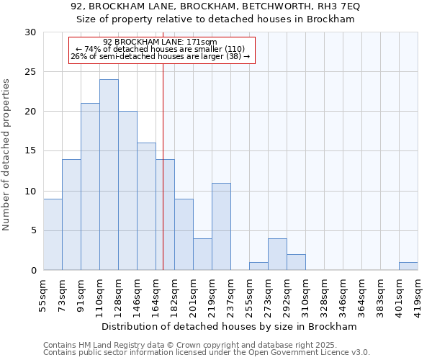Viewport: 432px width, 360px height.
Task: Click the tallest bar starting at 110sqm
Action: point(109,175)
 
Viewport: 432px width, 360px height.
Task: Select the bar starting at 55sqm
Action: point(53,235)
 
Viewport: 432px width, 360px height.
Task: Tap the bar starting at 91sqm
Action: point(90,186)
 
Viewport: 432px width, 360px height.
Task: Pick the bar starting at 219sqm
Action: point(221,227)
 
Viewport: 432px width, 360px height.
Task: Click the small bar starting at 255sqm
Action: point(258,266)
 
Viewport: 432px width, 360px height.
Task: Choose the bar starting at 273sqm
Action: point(277,254)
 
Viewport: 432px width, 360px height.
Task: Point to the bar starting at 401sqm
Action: point(408,266)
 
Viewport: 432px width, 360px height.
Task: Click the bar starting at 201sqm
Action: point(202,254)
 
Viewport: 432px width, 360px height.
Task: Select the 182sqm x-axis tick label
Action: point(175,294)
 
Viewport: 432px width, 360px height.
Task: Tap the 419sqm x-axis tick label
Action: point(418,294)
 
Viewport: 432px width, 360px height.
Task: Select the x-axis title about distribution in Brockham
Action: point(230,326)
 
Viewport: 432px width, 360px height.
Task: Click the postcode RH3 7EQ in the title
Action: point(339,6)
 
